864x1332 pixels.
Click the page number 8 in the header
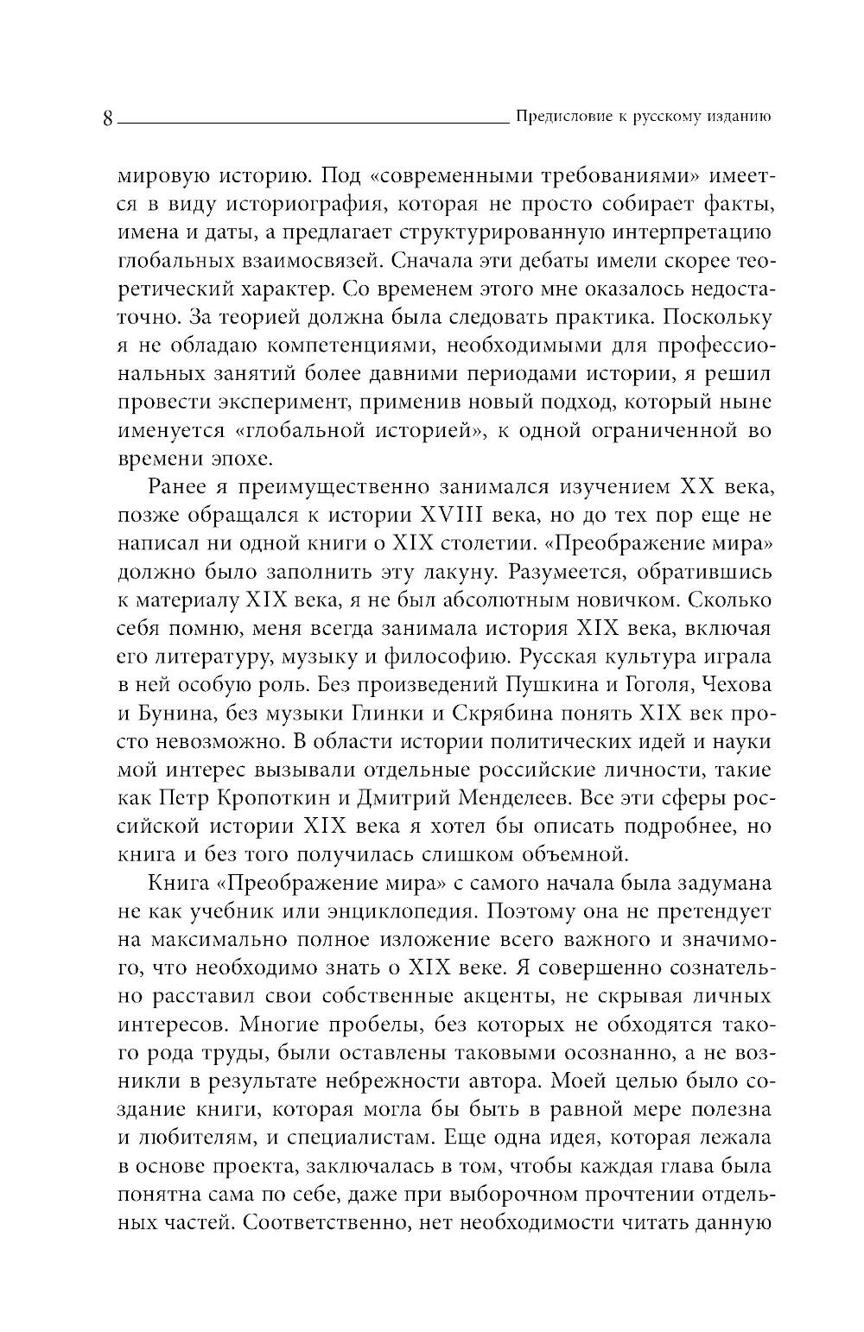point(107,117)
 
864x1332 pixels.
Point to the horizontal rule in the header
point(312,123)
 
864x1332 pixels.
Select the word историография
point(301,205)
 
